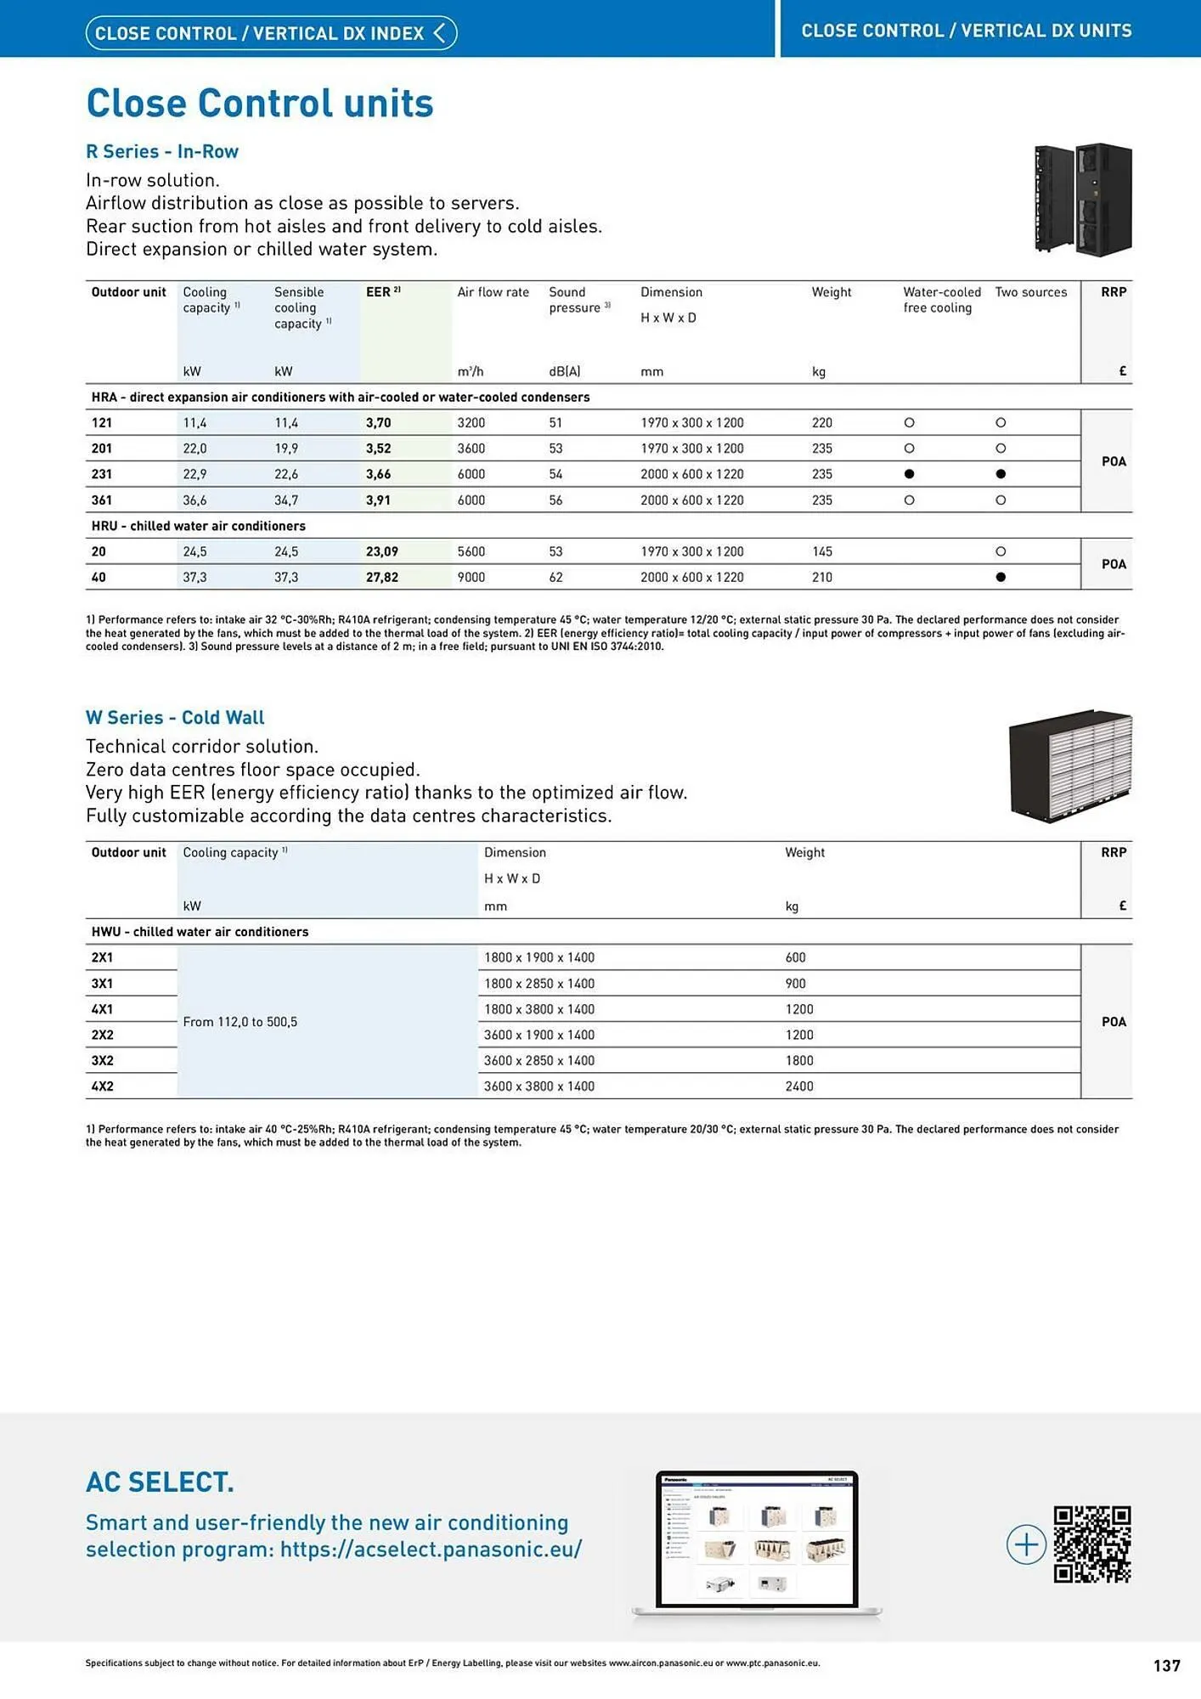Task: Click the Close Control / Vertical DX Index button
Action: click(x=271, y=33)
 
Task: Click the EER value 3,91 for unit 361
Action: click(x=378, y=500)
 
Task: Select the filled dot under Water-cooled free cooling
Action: click(x=909, y=474)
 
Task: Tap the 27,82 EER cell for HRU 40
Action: click(x=381, y=578)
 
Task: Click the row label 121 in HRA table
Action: click(x=102, y=423)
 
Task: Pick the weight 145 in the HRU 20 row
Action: click(x=821, y=552)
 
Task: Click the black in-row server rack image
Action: click(x=1082, y=200)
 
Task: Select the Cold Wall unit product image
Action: click(x=1069, y=765)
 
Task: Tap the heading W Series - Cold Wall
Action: click(x=175, y=718)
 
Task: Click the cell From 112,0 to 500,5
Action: click(x=240, y=1022)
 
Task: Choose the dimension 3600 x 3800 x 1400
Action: click(x=538, y=1087)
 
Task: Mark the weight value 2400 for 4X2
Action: click(x=798, y=1087)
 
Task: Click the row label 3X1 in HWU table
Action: click(x=102, y=984)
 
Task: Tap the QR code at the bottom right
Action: click(x=1091, y=1544)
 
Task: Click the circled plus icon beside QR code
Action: click(x=1026, y=1544)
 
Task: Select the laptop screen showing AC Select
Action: click(x=757, y=1539)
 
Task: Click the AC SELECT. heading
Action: click(x=160, y=1482)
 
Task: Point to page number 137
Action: click(x=1166, y=1666)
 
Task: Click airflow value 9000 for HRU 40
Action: click(x=471, y=578)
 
